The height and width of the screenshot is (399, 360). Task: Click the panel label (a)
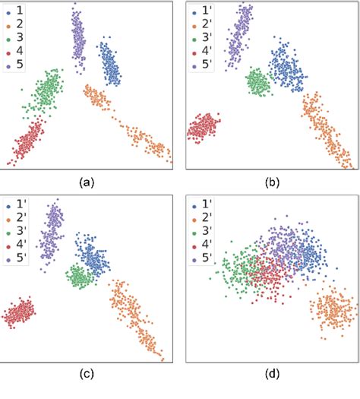[x=87, y=182]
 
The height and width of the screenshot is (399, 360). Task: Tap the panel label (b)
[x=270, y=182]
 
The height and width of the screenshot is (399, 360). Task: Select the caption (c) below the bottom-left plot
[x=87, y=374]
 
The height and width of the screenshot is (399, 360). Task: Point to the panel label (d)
[x=270, y=374]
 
